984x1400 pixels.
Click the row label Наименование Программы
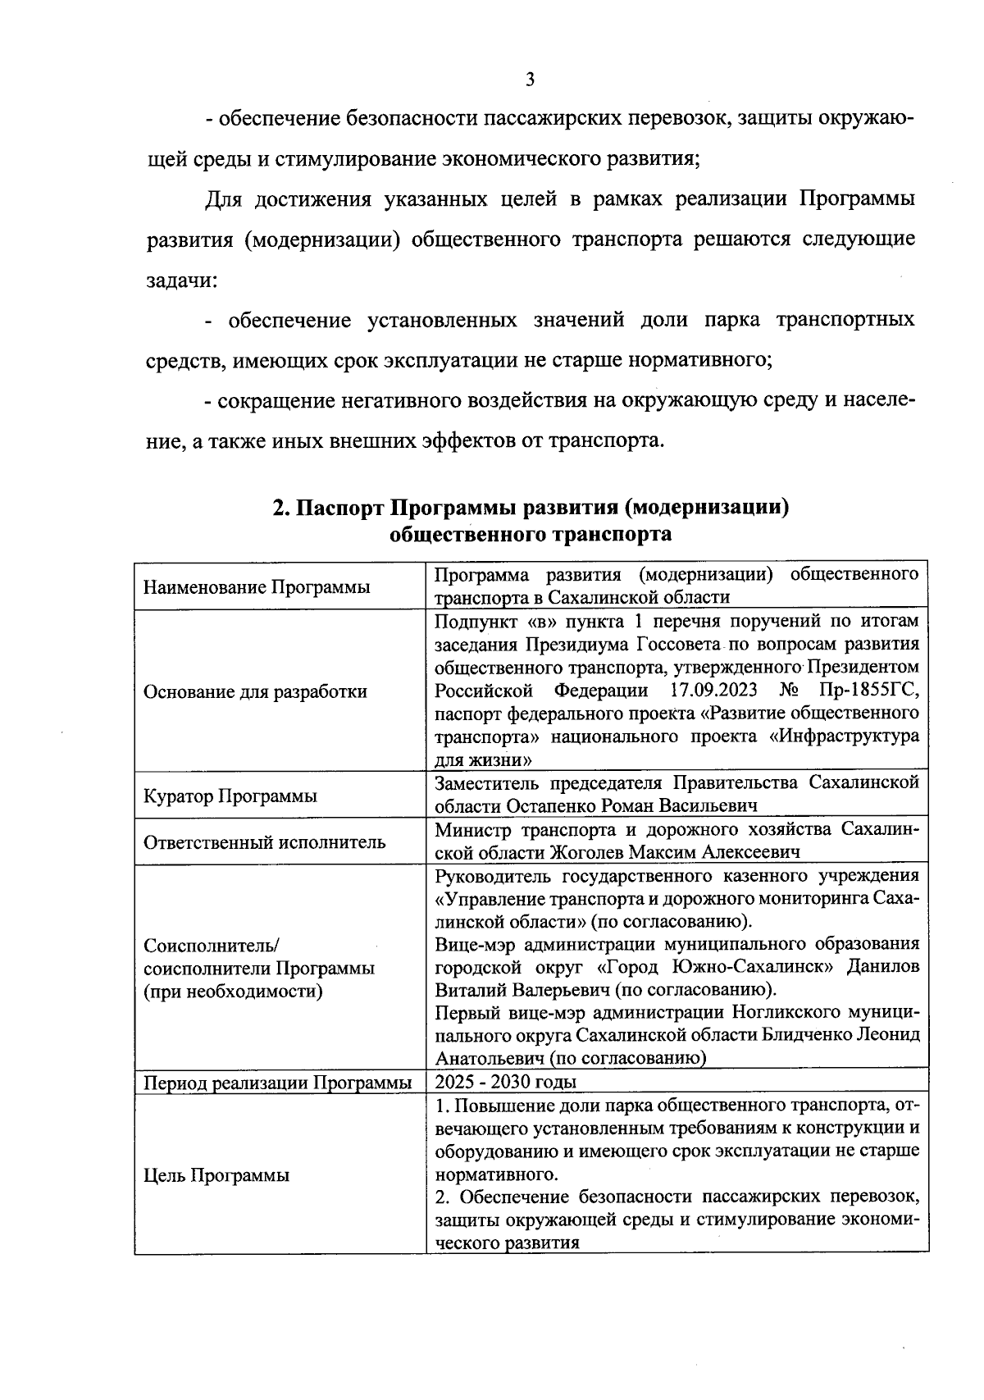click(256, 587)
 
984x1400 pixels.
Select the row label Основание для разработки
click(255, 691)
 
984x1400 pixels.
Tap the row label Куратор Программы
click(230, 796)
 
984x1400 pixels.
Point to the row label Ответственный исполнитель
click(264, 842)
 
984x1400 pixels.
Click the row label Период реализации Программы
click(277, 1083)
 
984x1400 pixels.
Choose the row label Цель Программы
click(216, 1175)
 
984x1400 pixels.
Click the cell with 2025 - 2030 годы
click(505, 1082)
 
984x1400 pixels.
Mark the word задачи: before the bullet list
click(181, 280)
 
